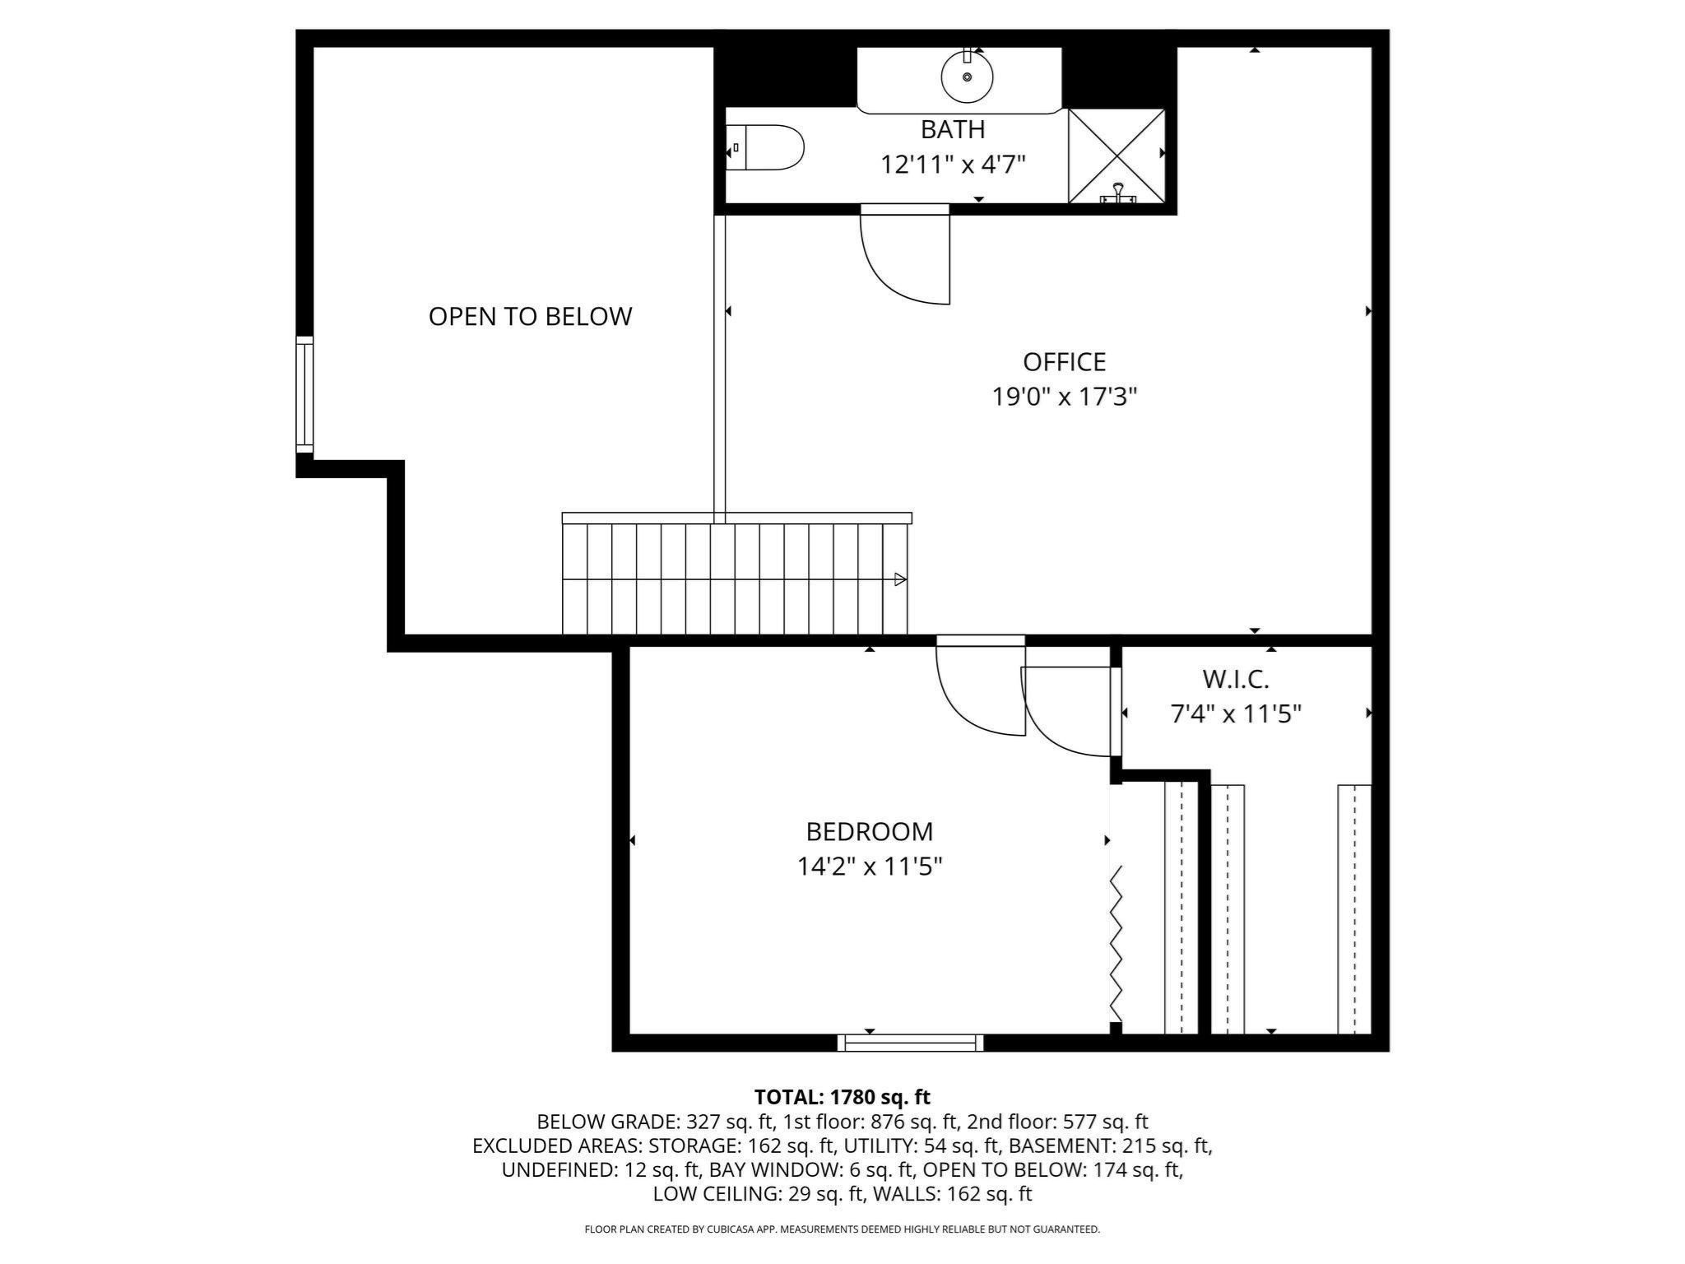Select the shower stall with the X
coord(1116,156)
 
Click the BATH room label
coord(953,130)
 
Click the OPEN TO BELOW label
coord(530,317)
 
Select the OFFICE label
coord(1064,362)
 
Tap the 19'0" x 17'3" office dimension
coord(1064,397)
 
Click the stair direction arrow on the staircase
coord(900,579)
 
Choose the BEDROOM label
coord(869,832)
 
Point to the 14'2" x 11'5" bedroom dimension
coord(869,867)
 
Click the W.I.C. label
coord(1236,680)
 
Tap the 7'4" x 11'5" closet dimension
coord(1236,713)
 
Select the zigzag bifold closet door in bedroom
coord(1116,943)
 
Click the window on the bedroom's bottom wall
coord(910,1043)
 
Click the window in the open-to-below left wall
coord(304,394)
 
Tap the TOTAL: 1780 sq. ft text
coord(842,1097)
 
